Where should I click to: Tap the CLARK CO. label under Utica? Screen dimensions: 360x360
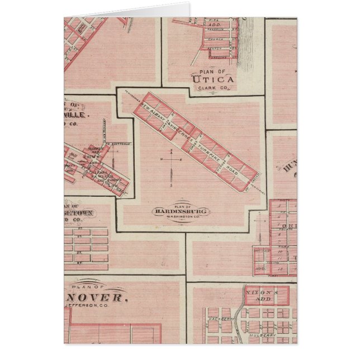tap(212, 89)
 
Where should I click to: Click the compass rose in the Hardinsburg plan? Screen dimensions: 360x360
tap(172, 160)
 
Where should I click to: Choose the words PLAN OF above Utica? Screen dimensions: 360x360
tap(212, 72)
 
